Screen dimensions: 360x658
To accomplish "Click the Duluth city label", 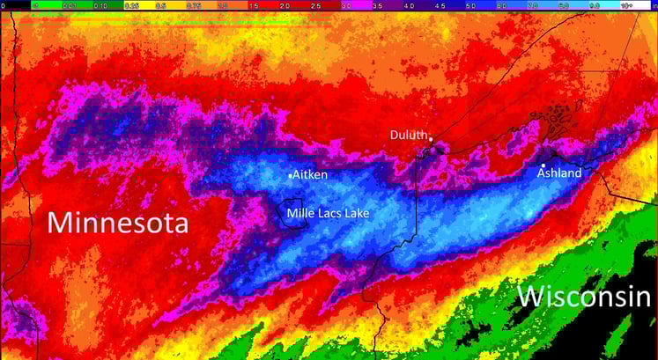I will pyautogui.click(x=408, y=135).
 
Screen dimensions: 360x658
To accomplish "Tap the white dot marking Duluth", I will pyautogui.click(x=431, y=139).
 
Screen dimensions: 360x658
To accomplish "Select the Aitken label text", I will pyautogui.click(x=310, y=175).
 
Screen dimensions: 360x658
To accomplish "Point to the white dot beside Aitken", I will pyautogui.click(x=290, y=176).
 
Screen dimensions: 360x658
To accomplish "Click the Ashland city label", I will pyautogui.click(x=559, y=173).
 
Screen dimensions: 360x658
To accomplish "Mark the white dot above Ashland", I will pyautogui.click(x=543, y=165).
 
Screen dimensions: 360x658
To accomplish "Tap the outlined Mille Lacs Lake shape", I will pyautogui.click(x=294, y=213).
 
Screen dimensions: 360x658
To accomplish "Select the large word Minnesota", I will pyautogui.click(x=117, y=222).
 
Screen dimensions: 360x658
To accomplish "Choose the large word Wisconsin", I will pyautogui.click(x=584, y=296).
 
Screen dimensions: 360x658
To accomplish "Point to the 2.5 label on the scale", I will pyautogui.click(x=316, y=4).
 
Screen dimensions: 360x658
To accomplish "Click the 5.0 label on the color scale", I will pyautogui.click(x=470, y=4).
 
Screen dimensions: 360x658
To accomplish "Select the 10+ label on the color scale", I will pyautogui.click(x=625, y=4).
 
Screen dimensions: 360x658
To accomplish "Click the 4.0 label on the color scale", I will pyautogui.click(x=409, y=4).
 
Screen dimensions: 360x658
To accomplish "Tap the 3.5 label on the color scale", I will pyautogui.click(x=378, y=4).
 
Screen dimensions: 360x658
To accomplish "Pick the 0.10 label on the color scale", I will pyautogui.click(x=100, y=4).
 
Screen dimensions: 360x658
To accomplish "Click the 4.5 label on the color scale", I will pyautogui.click(x=440, y=4).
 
